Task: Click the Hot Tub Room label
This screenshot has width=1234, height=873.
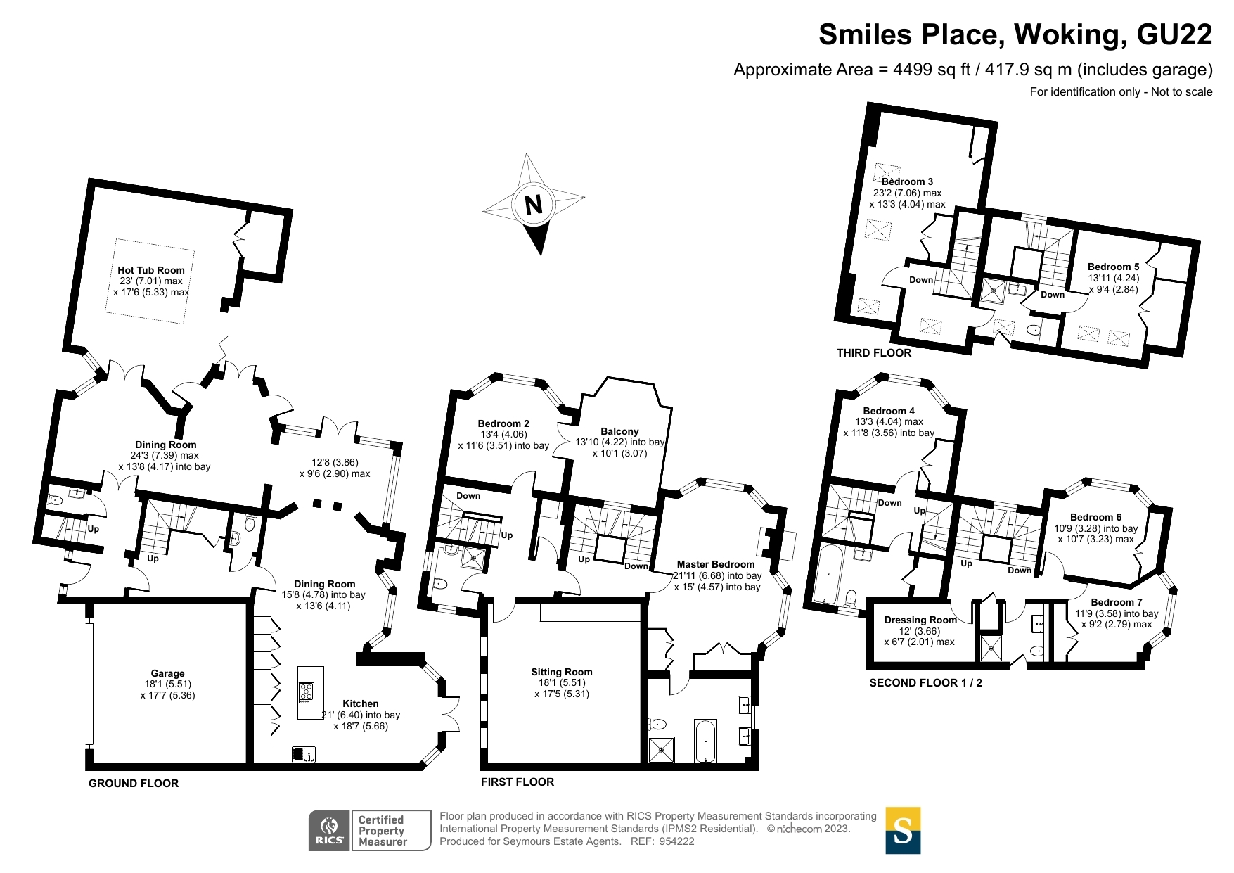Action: pos(151,270)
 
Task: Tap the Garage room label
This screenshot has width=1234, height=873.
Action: pos(167,673)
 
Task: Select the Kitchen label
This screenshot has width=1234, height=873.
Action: pos(361,703)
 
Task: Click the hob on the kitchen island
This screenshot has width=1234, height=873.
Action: pos(307,692)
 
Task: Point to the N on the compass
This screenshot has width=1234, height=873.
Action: pos(534,205)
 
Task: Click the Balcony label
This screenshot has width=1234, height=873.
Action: pos(619,431)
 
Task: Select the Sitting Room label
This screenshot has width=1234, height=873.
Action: pos(562,672)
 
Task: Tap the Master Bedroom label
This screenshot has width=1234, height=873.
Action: pos(716,564)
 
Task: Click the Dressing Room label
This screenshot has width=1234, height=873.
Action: pos(920,620)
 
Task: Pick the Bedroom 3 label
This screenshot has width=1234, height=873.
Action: pos(908,181)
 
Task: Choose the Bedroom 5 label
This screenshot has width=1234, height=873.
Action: pos(1114,267)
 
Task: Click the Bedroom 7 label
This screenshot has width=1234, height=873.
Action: pos(1117,602)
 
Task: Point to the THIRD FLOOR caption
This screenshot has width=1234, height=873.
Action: pos(874,353)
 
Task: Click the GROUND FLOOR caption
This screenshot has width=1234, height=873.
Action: pos(134,784)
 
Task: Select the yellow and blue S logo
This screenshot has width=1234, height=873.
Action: pos(903,830)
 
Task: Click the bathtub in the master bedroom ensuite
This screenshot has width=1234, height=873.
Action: pos(705,740)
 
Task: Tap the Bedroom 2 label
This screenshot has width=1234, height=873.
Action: pos(503,423)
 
